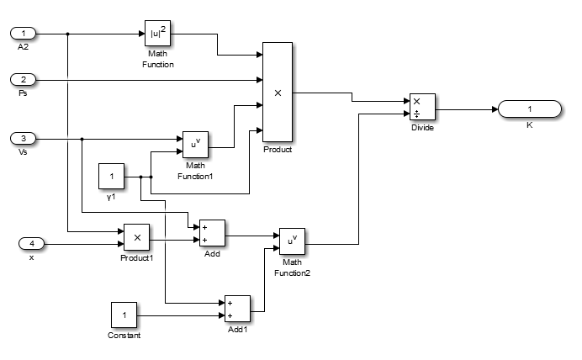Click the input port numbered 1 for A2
[x=24, y=34]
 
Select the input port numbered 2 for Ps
[x=24, y=80]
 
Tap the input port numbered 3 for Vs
[x=24, y=139]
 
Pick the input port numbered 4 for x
[x=32, y=244]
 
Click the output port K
[x=529, y=109]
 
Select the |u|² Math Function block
[x=158, y=34]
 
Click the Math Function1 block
[x=195, y=145]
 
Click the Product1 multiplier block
[x=136, y=237]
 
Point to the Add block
[x=211, y=233]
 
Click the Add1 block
[x=238, y=309]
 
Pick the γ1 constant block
[x=112, y=177]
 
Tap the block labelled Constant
[x=124, y=315]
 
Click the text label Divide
[x=422, y=129]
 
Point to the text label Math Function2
[x=292, y=267]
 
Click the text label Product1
[x=136, y=257]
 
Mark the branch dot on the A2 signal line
[x=67, y=34]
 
